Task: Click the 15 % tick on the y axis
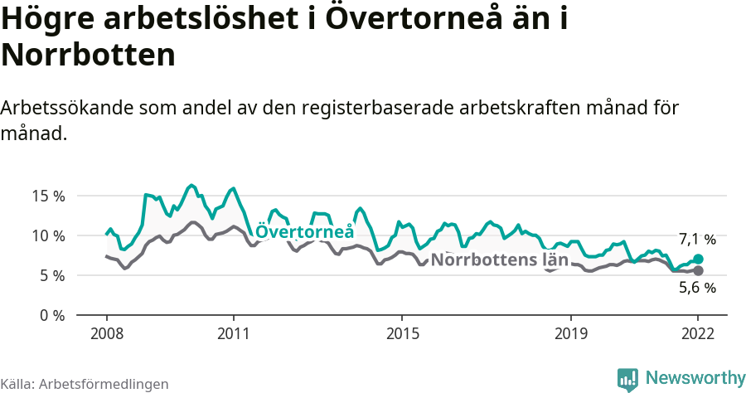click(x=47, y=196)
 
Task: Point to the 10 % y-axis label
click(x=47, y=235)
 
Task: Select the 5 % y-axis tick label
click(x=51, y=275)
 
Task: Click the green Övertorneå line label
click(x=304, y=232)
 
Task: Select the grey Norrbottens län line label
click(x=500, y=260)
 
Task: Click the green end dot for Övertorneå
click(x=698, y=259)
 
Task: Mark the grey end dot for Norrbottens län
click(x=698, y=271)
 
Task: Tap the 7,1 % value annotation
click(x=697, y=240)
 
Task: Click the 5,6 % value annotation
click(x=697, y=289)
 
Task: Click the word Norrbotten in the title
click(x=89, y=56)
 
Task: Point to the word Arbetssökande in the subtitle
click(x=69, y=108)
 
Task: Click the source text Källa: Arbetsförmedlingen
click(x=85, y=384)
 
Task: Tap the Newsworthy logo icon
click(x=627, y=379)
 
